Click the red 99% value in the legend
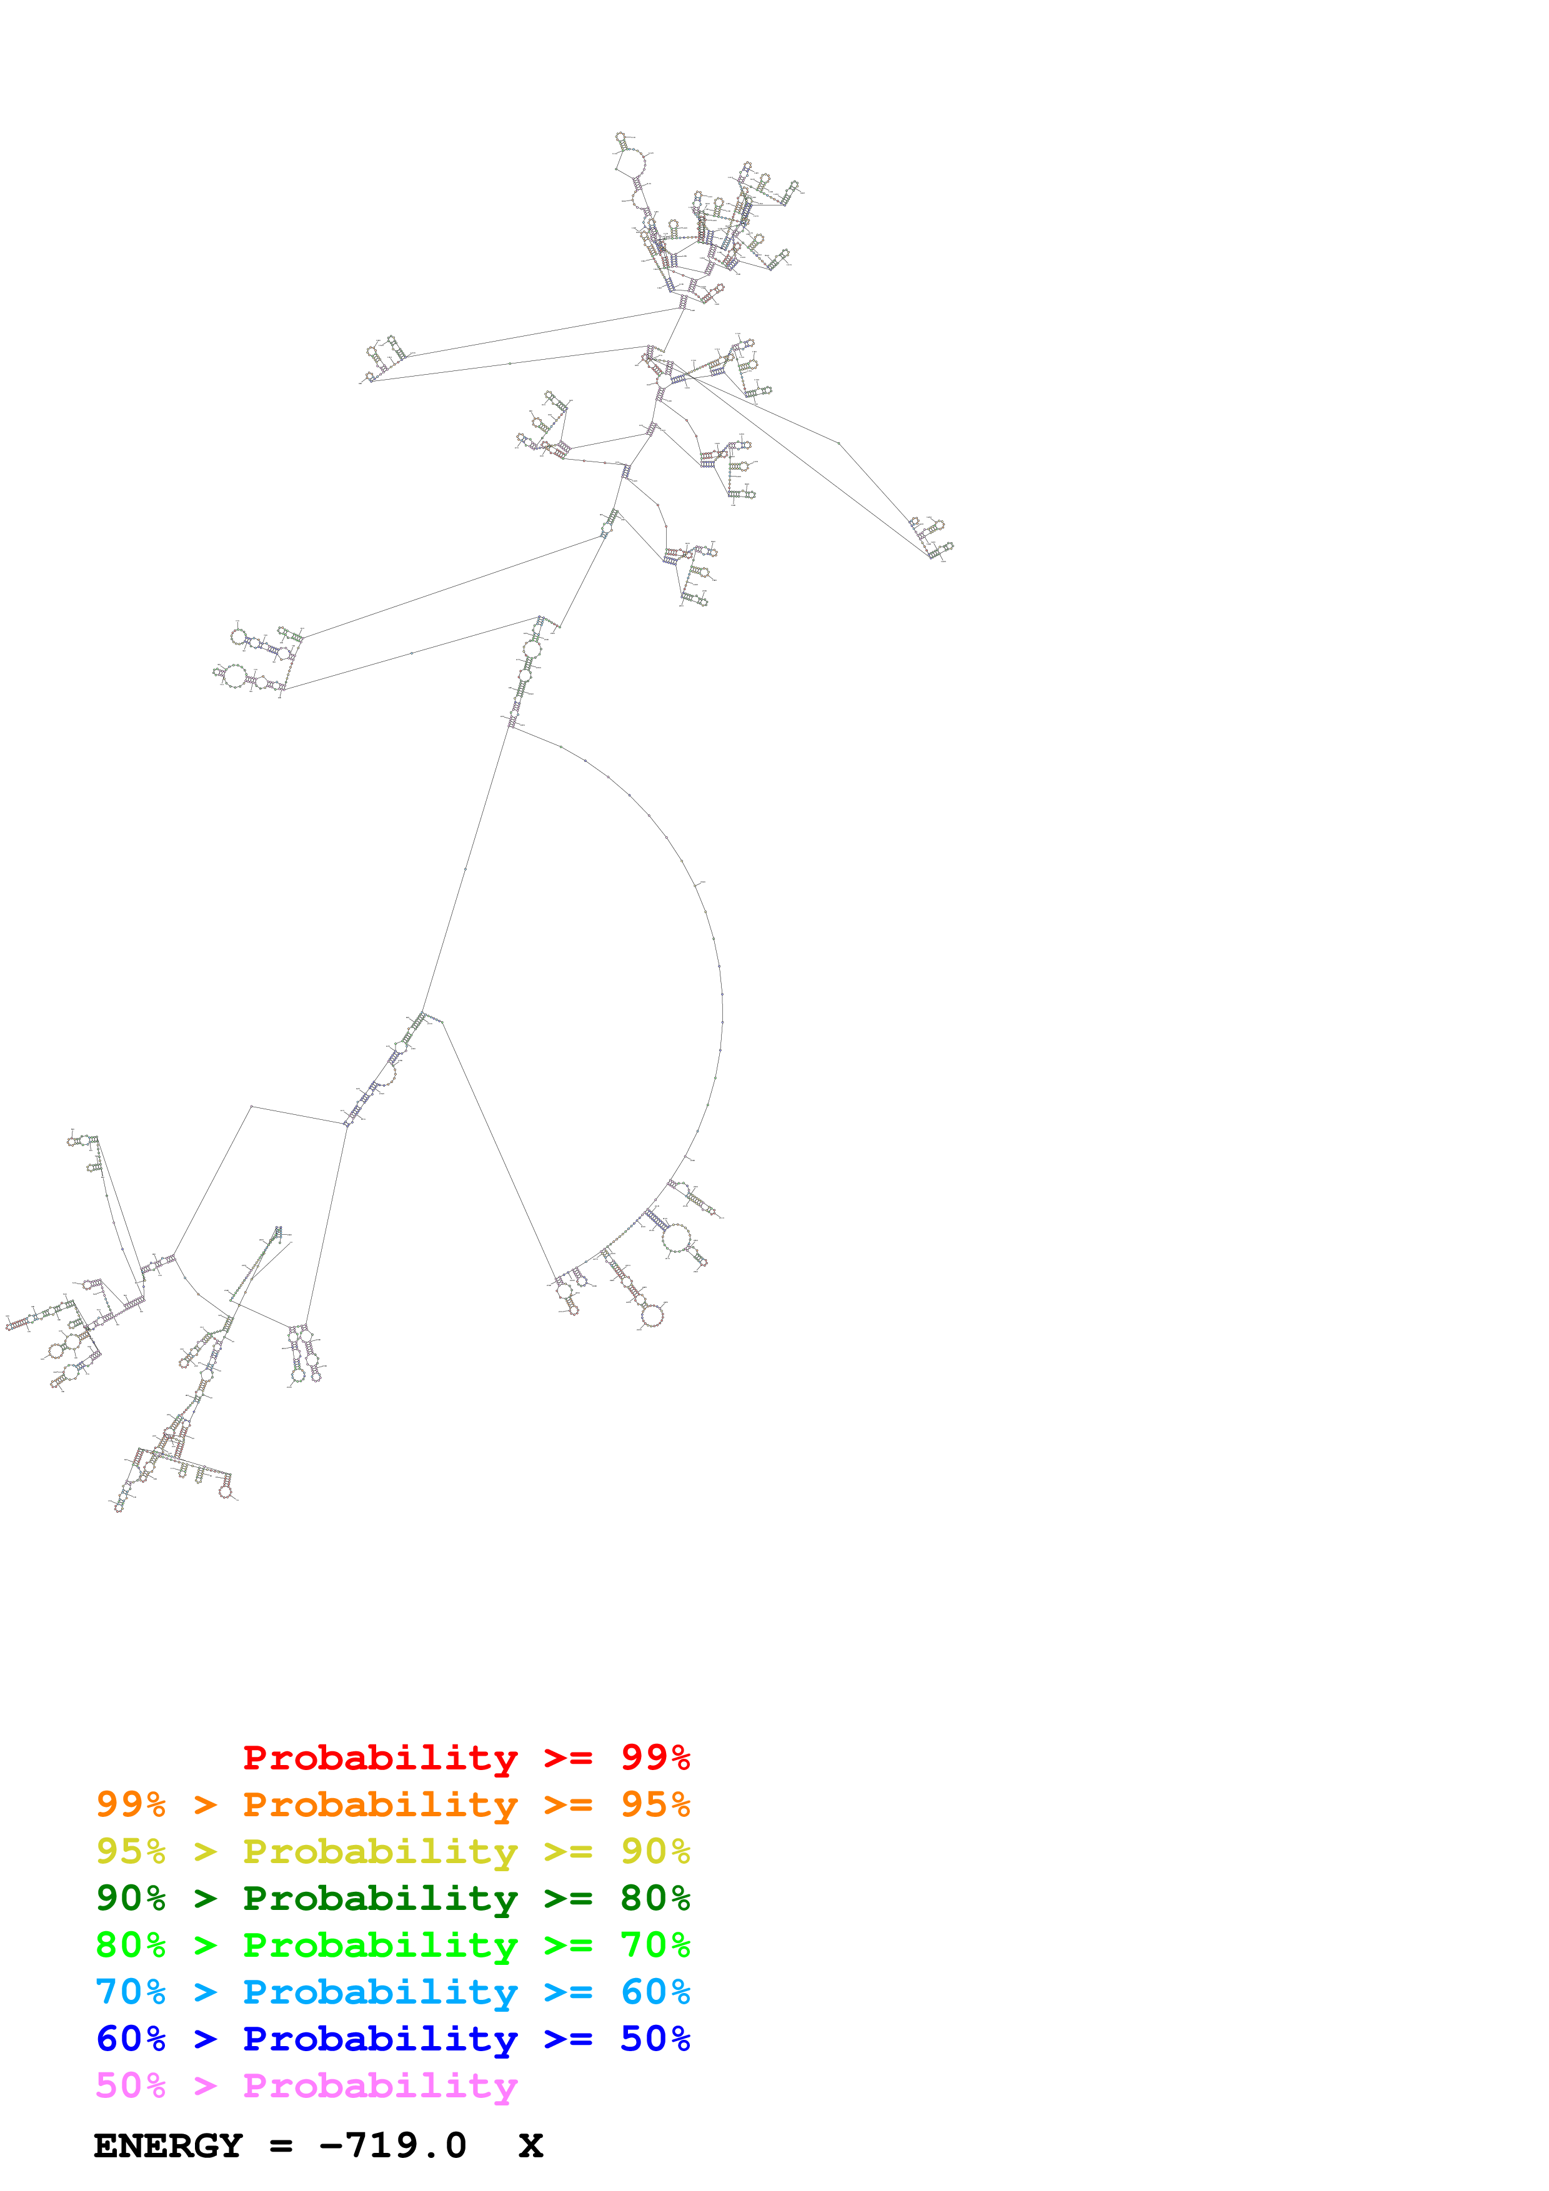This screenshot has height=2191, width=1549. [x=655, y=1758]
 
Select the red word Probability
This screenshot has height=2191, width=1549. [x=380, y=1758]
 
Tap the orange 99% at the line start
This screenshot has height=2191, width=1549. [x=131, y=1804]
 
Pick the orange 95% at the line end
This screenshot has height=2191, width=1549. [x=655, y=1804]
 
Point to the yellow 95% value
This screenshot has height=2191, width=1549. [x=131, y=1851]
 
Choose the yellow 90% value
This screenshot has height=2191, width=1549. [x=655, y=1851]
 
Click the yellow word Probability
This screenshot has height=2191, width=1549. [x=380, y=1851]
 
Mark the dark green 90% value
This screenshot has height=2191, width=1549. [x=131, y=1898]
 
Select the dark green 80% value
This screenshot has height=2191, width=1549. [x=655, y=1898]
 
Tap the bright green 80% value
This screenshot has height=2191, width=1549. [x=131, y=1945]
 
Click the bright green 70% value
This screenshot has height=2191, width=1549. [x=655, y=1945]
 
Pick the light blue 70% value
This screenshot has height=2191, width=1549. [x=131, y=1992]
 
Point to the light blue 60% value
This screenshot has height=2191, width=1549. [x=655, y=1992]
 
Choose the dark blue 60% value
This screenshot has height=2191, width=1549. [x=131, y=2039]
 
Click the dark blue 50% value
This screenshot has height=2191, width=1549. [x=655, y=2039]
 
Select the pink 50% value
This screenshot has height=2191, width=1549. [x=131, y=2085]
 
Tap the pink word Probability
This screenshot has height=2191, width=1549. [x=380, y=2085]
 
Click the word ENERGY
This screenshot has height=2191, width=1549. [x=168, y=2146]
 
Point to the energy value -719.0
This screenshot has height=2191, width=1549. [x=393, y=2146]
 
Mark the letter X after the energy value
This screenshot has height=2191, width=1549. [x=530, y=2146]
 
